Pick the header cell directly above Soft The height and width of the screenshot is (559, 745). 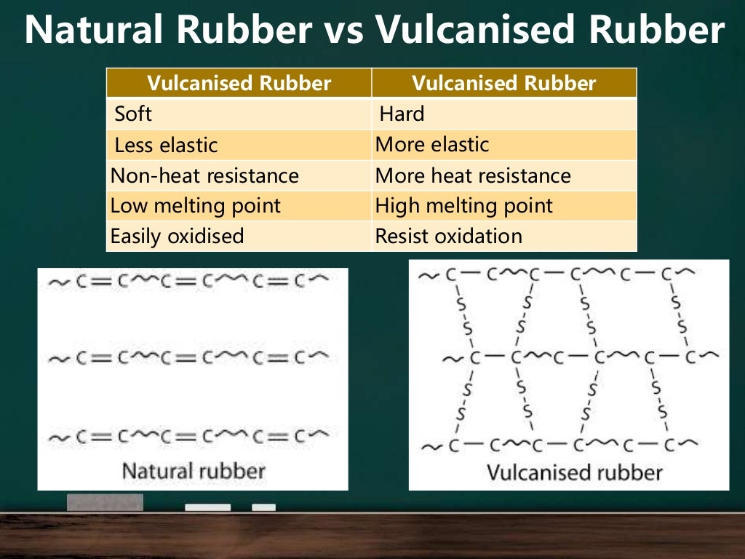point(239,83)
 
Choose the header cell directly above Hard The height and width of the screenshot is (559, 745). point(503,83)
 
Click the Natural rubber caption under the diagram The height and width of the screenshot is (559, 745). point(194,470)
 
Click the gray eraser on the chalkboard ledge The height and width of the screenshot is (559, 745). point(105,502)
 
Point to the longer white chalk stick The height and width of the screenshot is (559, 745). point(207,507)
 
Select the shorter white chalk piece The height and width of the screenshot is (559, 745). point(263,507)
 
